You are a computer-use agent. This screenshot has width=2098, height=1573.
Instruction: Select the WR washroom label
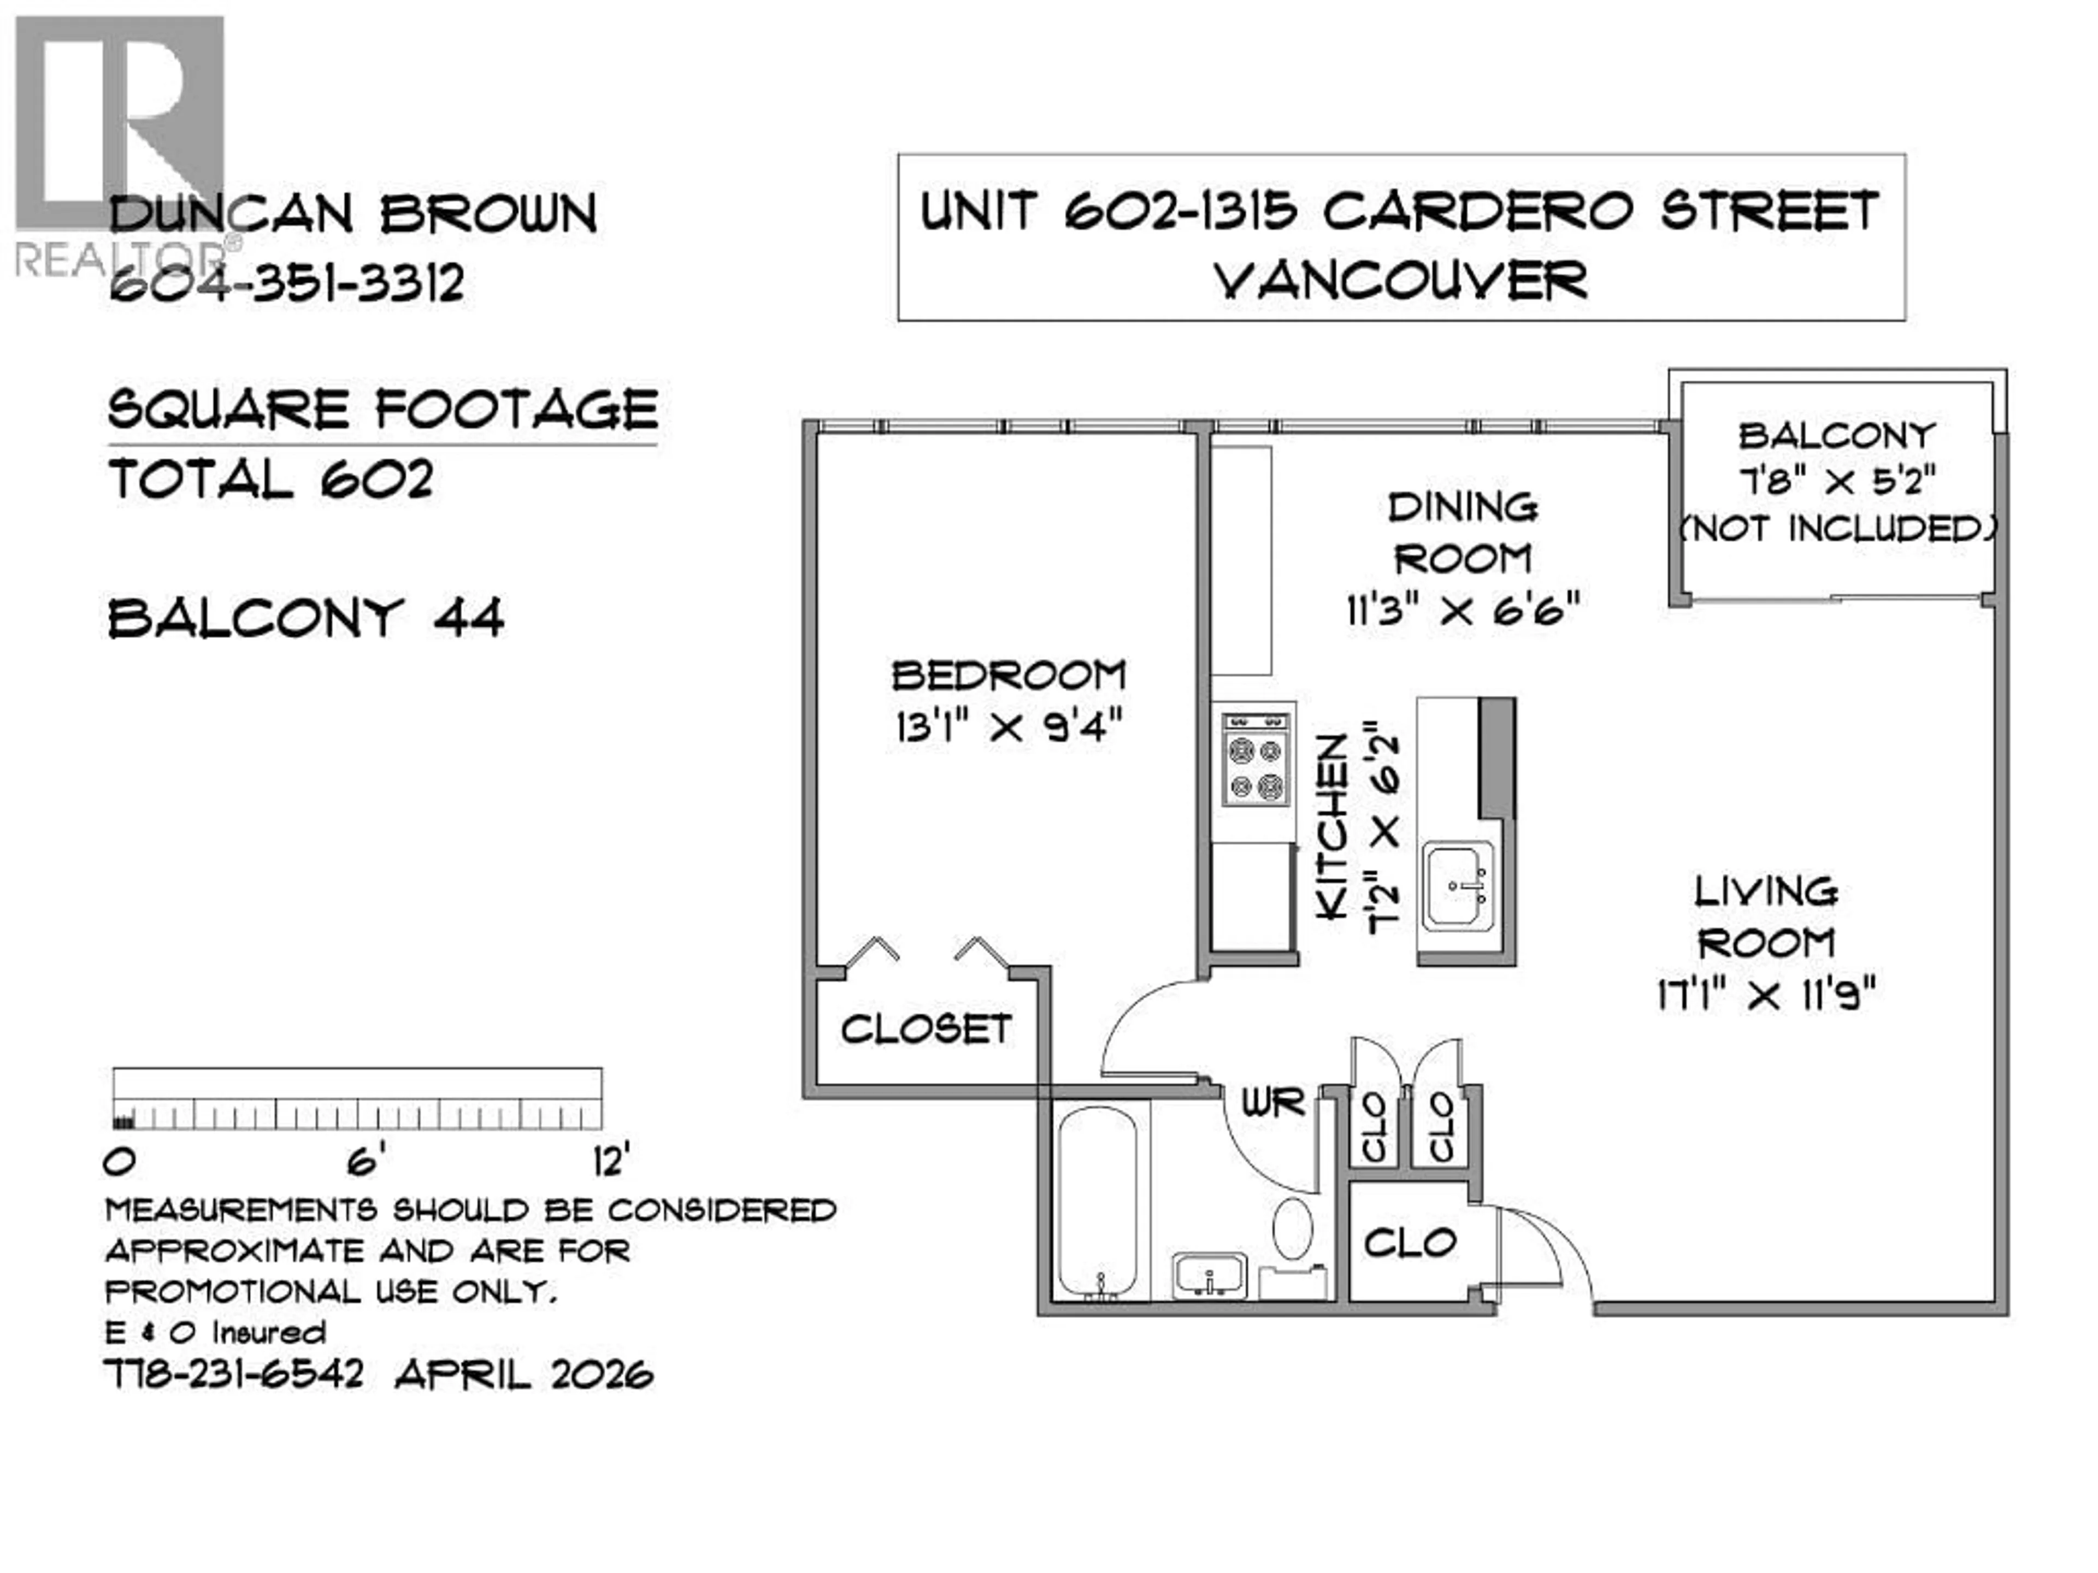pyautogui.click(x=1273, y=1103)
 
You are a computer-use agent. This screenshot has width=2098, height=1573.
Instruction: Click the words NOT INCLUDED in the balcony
pyautogui.click(x=1838, y=528)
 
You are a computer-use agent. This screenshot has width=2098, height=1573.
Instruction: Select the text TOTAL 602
pyautogui.click(x=271, y=479)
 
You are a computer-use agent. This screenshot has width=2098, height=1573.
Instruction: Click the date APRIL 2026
pyautogui.click(x=523, y=1374)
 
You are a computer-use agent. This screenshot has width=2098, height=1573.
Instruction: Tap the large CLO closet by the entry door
pyautogui.click(x=1410, y=1242)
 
